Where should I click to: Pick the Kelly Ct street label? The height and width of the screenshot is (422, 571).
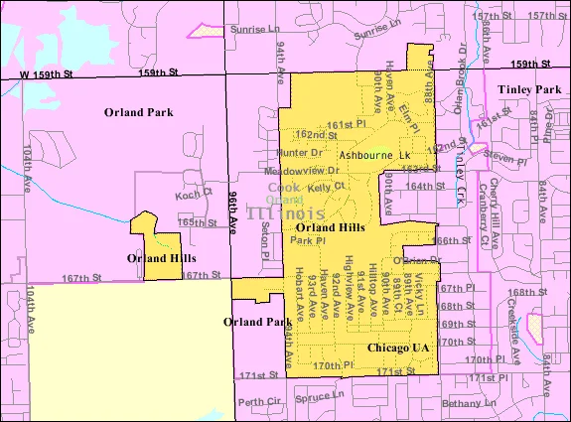(x=325, y=186)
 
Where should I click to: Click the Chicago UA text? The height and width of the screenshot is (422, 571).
(x=397, y=348)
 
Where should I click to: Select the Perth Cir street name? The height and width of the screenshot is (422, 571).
(x=259, y=403)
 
